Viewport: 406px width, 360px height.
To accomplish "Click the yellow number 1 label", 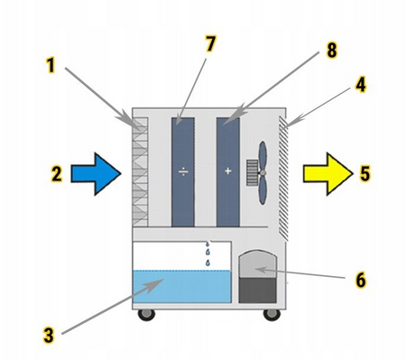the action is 51,66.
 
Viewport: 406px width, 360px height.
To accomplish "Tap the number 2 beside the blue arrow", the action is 57,174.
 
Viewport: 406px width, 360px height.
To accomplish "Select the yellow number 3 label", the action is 49,335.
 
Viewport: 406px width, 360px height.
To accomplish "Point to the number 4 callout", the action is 361,85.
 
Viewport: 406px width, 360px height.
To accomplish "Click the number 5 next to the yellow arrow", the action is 364,173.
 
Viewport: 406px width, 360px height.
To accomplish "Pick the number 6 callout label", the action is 361,280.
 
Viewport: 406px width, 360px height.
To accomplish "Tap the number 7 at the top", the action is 210,44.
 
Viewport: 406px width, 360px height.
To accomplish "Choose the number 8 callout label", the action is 331,50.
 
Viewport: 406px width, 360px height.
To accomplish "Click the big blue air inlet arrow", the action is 96,174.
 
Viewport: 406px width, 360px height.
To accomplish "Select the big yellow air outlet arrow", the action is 328,174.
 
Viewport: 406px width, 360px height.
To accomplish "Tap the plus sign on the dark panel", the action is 228,171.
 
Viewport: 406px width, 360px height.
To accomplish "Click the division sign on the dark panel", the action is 183,171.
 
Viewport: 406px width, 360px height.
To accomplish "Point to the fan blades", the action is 263,173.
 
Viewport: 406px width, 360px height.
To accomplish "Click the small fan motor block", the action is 252,172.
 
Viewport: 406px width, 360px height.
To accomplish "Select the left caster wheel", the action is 146,314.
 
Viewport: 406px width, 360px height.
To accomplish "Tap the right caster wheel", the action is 272,314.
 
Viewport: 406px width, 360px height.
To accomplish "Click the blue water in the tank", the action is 182,286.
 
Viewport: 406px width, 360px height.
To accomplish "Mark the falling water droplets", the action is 208,254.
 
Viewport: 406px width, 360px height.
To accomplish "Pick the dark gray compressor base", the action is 257,291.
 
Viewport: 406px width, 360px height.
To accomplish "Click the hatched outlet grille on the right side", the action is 283,179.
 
